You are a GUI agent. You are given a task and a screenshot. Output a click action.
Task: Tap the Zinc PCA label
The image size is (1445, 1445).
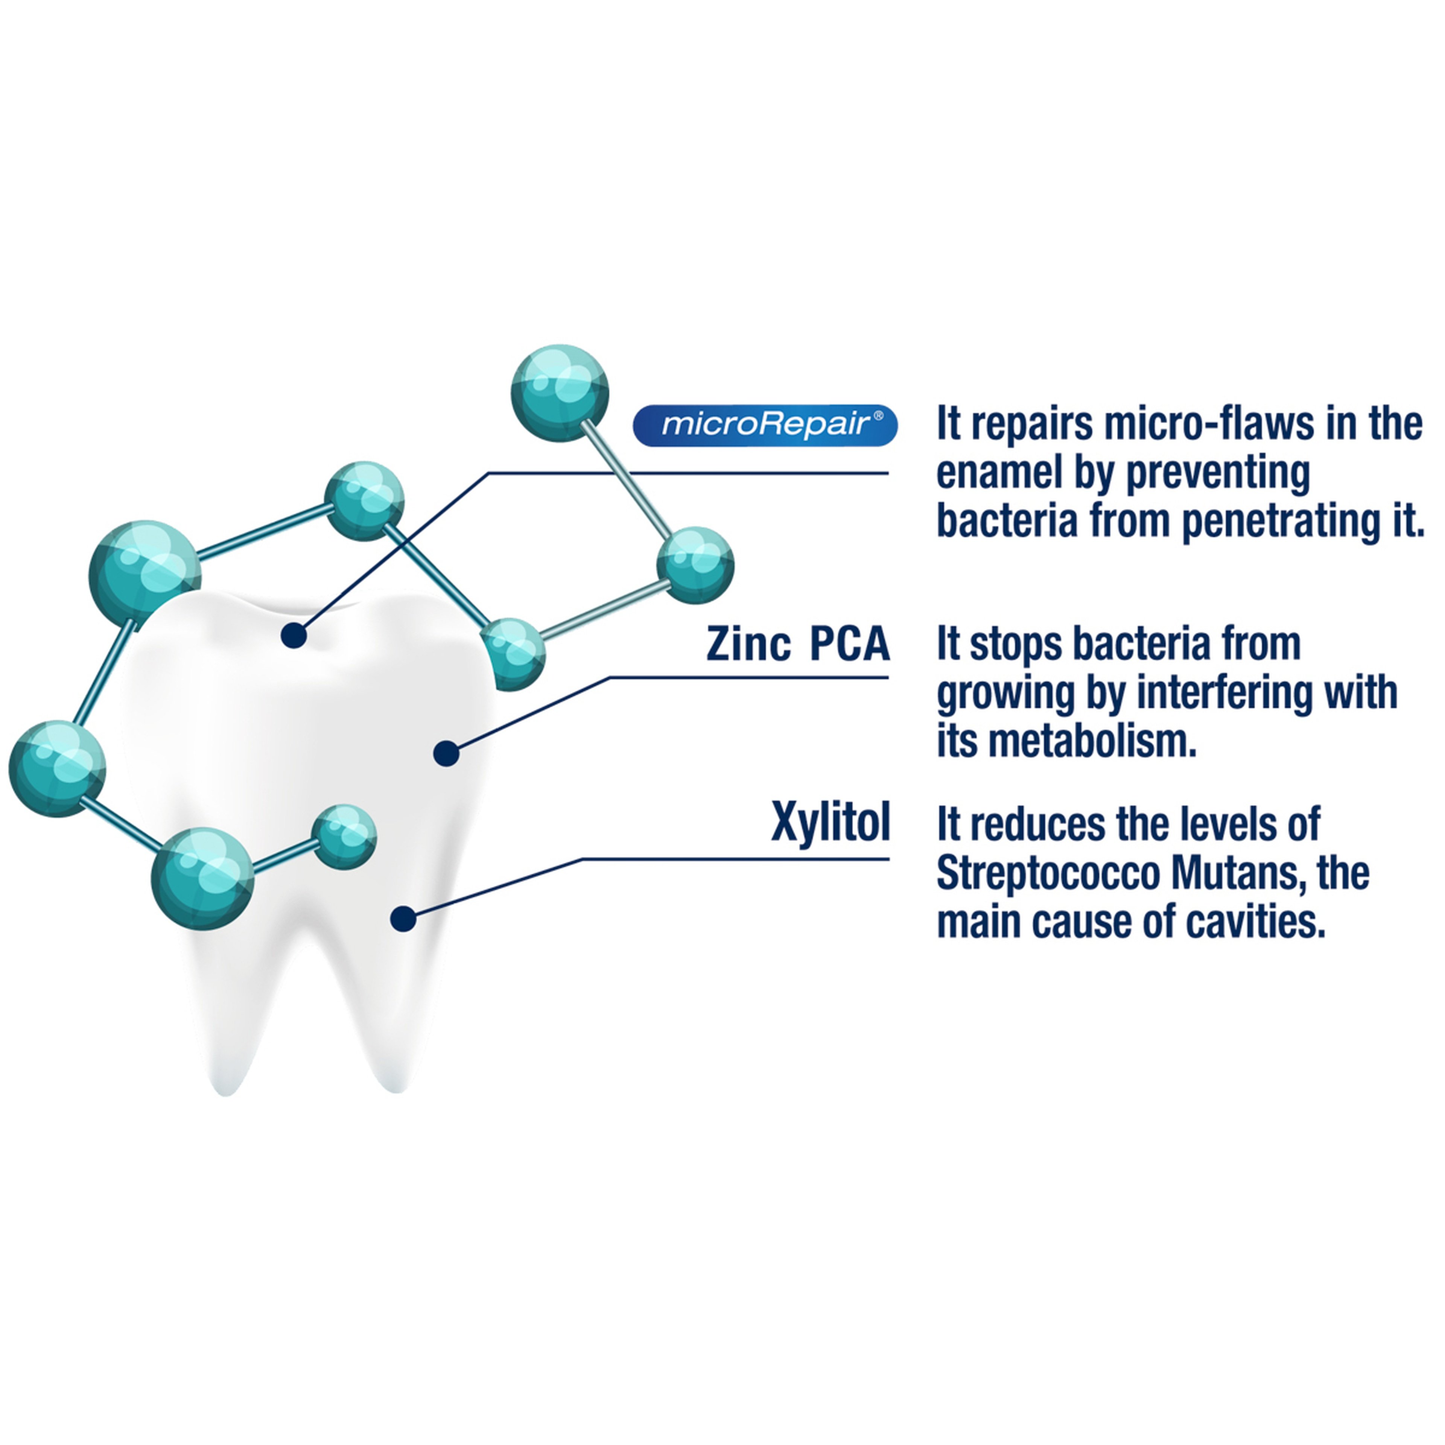point(798,644)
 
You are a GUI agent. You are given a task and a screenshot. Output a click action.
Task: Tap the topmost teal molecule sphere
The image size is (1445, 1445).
point(560,392)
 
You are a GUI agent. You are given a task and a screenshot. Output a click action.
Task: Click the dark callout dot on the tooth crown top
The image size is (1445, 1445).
point(294,636)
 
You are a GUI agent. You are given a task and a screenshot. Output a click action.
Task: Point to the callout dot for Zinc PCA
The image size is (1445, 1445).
point(447,753)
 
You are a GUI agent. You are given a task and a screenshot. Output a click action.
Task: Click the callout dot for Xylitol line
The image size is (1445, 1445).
point(403,919)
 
